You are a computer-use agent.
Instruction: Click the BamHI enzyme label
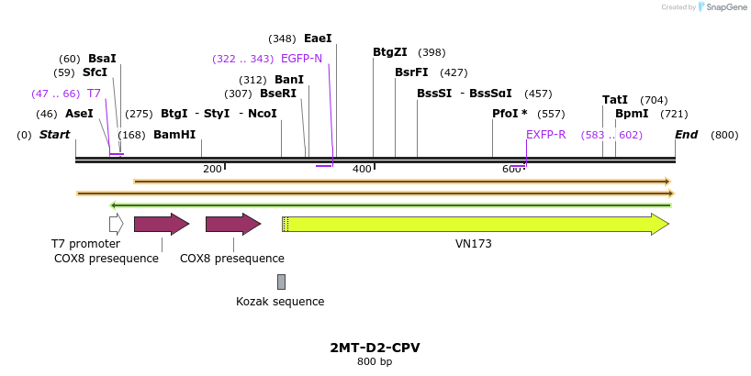[174, 135]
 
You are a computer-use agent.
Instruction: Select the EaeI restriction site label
[318, 39]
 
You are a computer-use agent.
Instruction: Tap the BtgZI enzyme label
[390, 52]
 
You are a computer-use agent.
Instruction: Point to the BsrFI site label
[411, 72]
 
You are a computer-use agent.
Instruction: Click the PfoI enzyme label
[510, 114]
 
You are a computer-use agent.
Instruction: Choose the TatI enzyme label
[615, 100]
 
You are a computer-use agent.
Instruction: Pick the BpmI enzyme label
[632, 114]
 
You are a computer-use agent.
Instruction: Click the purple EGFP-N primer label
[301, 59]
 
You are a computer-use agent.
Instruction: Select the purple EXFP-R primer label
[545, 135]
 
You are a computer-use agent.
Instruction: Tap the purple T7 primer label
[94, 94]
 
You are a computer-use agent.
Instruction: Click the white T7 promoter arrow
[116, 224]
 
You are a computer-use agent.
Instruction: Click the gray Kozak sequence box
[281, 282]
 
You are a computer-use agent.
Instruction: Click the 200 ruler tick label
[212, 169]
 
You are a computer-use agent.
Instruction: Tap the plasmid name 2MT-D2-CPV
[375, 348]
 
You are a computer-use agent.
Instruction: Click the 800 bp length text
[375, 361]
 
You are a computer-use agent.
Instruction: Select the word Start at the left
[55, 135]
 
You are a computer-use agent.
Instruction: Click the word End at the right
[686, 135]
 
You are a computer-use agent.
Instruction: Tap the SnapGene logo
[721, 7]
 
